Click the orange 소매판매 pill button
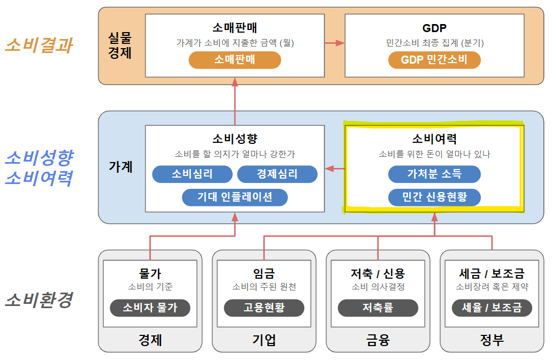(x=234, y=60)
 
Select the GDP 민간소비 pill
(x=434, y=60)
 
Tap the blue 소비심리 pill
(x=192, y=174)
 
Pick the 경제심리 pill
(x=277, y=174)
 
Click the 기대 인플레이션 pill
(x=235, y=197)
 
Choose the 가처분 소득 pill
(x=434, y=174)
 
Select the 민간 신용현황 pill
(x=434, y=197)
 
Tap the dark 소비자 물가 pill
(x=150, y=308)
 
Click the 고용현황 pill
(x=264, y=308)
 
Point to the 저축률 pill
(x=378, y=308)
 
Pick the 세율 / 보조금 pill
(x=492, y=308)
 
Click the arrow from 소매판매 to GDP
(x=334, y=43)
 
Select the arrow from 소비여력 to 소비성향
(x=334, y=168)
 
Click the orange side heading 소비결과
(x=39, y=45)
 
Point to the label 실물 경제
(x=119, y=45)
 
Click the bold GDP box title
(x=434, y=28)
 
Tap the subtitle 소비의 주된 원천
(x=264, y=287)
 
